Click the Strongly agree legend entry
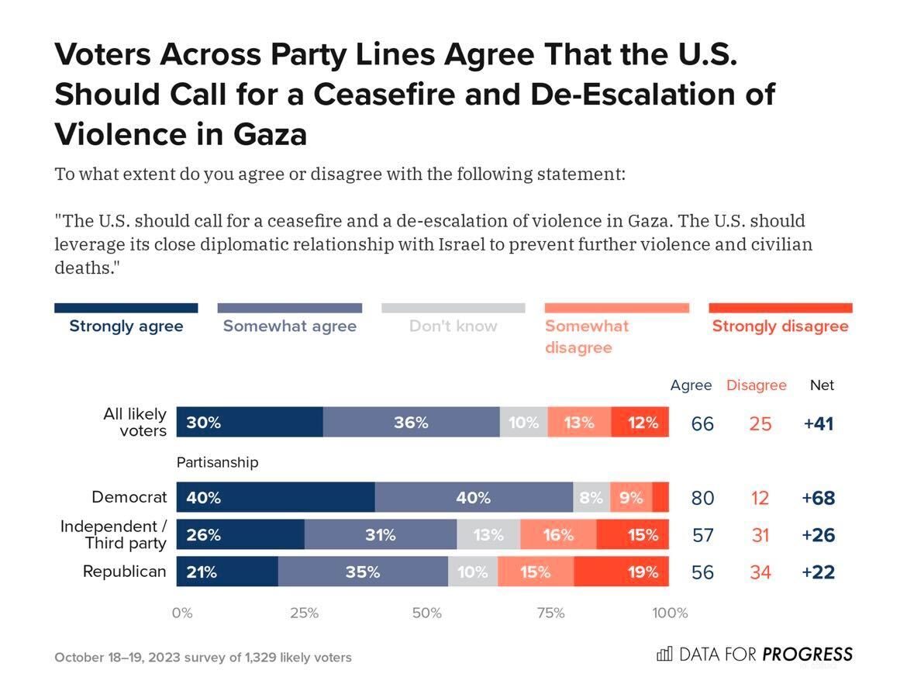pos(126,326)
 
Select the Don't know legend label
pos(453,326)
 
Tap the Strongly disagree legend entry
pos(780,326)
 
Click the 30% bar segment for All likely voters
pos(250,423)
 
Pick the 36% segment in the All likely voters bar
pos(411,423)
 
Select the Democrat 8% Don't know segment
pos(591,498)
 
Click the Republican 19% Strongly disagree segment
pos(621,572)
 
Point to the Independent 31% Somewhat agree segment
pos(380,535)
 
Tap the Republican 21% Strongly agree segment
pos(227,572)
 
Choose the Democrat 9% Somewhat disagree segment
pos(630,498)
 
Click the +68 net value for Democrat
pos(818,498)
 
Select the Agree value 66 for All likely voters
pos(702,423)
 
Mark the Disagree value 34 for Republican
pos(760,572)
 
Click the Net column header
pos(822,385)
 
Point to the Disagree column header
pos(756,385)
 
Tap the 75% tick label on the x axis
pos(550,613)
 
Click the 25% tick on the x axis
pos(304,613)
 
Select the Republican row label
pos(124,572)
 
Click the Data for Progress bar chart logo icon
pos(664,654)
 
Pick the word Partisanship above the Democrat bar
pos(217,462)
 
